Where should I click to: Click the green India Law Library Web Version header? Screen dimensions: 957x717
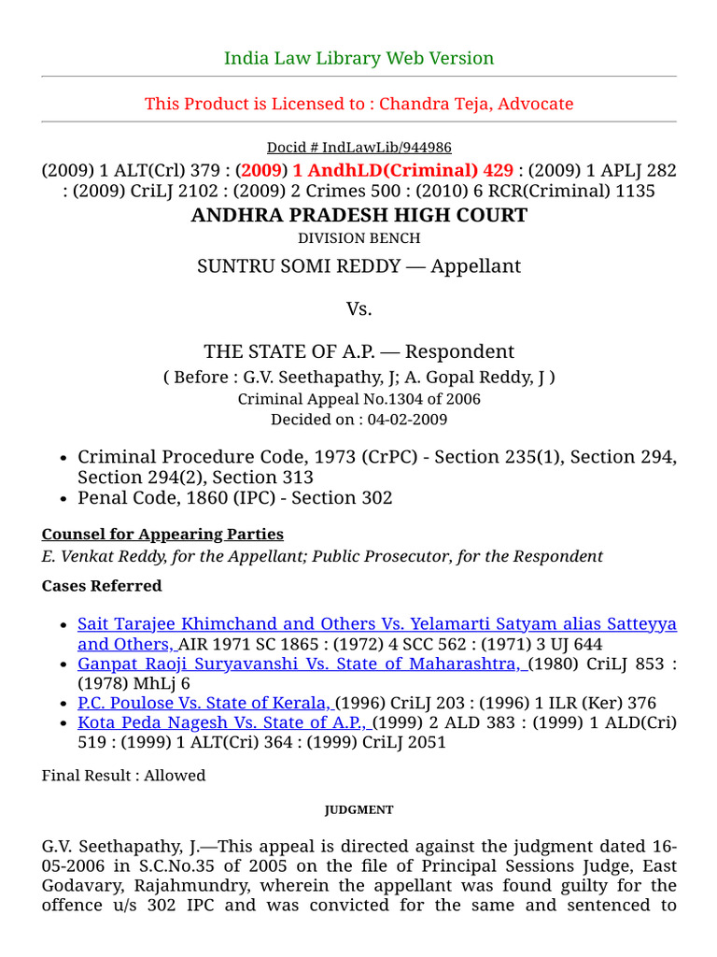tap(358, 58)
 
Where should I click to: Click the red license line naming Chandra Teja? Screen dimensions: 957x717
tap(358, 104)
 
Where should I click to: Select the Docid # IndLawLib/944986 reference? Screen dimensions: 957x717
tap(358, 148)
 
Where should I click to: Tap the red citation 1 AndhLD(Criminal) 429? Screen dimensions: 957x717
tap(402, 170)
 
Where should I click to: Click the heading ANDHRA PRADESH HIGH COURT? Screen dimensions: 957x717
tap(358, 216)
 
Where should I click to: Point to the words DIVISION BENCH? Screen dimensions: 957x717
tap(358, 238)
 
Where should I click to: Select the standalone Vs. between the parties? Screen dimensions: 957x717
tap(358, 309)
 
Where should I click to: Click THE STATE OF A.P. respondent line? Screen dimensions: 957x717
tap(280, 351)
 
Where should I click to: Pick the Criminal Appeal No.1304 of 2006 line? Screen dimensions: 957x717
tap(358, 399)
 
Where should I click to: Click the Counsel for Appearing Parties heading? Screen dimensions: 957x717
tap(162, 535)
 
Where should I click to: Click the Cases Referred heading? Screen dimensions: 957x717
tap(102, 586)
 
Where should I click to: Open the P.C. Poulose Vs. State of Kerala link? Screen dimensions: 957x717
tap(204, 703)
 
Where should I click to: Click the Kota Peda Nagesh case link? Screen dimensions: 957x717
tap(224, 722)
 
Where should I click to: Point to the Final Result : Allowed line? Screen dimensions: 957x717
tap(123, 776)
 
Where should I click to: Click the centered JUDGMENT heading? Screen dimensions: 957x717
tap(358, 810)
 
